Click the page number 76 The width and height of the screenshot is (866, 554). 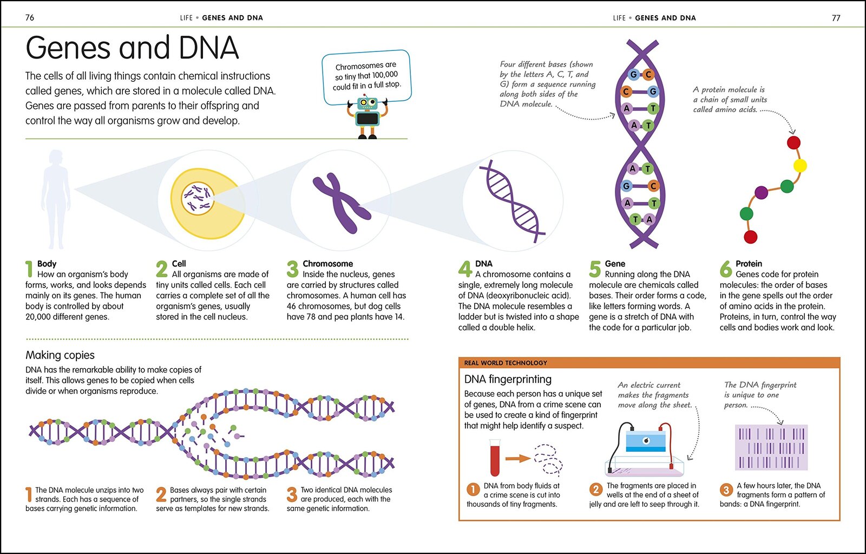[x=29, y=17]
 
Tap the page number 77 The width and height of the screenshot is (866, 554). [x=836, y=18]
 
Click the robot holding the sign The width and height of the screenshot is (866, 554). [x=367, y=117]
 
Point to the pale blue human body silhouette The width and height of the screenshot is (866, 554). [x=56, y=199]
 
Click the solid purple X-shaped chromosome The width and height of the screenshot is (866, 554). [x=342, y=203]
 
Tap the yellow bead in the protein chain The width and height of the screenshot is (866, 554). [x=800, y=166]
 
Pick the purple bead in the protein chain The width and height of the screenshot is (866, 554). [x=761, y=192]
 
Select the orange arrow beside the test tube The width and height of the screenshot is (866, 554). [x=518, y=459]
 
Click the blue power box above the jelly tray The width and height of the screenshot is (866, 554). [x=646, y=441]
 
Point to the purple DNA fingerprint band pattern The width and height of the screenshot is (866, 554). [x=771, y=447]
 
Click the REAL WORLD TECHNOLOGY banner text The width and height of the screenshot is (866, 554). [x=506, y=363]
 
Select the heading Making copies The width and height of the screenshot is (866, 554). [x=60, y=355]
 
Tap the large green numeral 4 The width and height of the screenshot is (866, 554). [x=465, y=269]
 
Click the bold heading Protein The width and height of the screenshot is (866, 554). [x=749, y=263]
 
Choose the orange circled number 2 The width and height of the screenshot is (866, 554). [x=596, y=490]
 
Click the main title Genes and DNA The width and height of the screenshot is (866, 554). [x=132, y=48]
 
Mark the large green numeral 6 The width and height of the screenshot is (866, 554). [x=726, y=269]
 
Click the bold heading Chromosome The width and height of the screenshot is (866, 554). [x=328, y=263]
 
